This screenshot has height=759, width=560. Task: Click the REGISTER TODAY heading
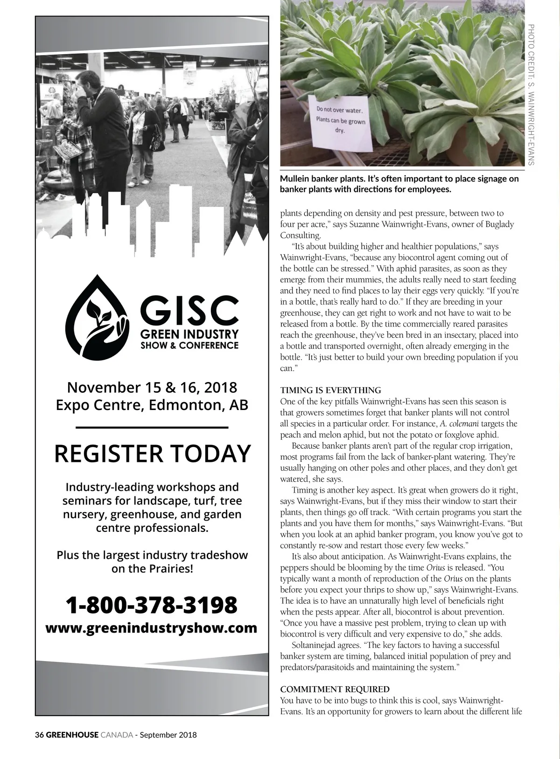click(153, 453)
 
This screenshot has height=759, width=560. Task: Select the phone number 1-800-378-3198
click(152, 605)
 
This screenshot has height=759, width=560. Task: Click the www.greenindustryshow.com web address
click(152, 627)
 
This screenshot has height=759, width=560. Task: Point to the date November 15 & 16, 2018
click(152, 387)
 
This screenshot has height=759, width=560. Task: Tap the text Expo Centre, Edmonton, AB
click(152, 404)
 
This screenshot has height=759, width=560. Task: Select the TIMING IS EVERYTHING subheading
click(330, 390)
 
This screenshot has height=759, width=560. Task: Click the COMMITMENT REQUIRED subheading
click(335, 689)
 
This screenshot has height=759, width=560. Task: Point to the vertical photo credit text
click(531, 93)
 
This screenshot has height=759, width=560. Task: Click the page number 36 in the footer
click(39, 735)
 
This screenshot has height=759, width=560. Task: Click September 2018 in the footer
click(168, 735)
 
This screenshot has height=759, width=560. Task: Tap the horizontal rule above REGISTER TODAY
click(152, 427)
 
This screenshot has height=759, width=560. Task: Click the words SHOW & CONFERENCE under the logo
click(189, 346)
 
